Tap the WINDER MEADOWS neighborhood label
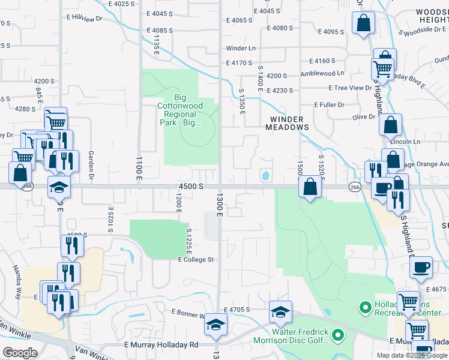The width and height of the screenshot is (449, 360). (288, 123)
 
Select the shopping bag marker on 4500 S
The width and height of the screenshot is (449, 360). (310, 187)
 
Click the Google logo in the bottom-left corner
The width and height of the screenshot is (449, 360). (19, 353)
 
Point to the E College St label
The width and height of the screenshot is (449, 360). (196, 260)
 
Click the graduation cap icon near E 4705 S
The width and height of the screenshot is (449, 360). (280, 311)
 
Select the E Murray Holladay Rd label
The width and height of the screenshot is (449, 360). (161, 345)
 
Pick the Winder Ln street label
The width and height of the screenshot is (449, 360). (241, 49)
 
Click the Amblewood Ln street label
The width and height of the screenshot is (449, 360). (322, 73)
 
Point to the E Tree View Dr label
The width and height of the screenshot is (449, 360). (350, 88)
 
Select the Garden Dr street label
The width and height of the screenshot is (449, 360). (93, 165)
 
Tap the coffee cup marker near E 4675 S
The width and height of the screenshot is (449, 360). (421, 266)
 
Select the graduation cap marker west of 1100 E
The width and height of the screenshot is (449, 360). (59, 187)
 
